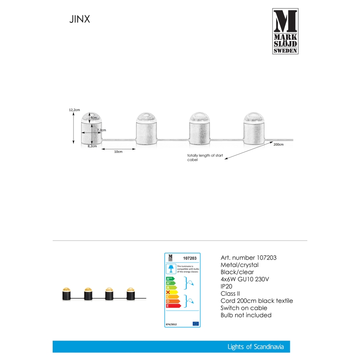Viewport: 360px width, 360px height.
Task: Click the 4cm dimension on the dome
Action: [94, 118]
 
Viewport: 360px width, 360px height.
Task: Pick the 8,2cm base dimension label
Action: [92, 146]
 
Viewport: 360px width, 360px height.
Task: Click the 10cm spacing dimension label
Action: [118, 152]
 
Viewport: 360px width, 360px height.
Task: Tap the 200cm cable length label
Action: [278, 144]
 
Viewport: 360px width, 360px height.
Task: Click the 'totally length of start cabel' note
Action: [205, 157]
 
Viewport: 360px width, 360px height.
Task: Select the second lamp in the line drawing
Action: [147, 129]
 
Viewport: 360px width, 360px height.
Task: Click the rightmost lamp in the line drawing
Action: [253, 129]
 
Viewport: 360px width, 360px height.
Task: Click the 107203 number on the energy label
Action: [190, 258]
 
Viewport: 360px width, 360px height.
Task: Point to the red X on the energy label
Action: [168, 292]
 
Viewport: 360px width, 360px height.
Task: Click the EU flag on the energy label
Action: [195, 323]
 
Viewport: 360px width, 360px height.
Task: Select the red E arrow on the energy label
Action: [173, 306]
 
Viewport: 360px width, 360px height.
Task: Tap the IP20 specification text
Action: [226, 286]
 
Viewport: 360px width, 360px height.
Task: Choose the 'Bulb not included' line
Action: [246, 315]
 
